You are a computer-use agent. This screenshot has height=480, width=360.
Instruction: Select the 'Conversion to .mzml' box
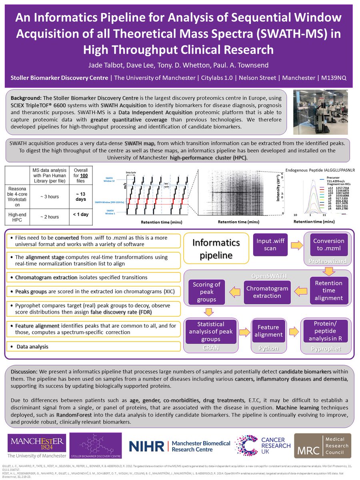pos(328,244)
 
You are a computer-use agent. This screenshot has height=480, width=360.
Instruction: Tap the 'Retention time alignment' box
pos(328,290)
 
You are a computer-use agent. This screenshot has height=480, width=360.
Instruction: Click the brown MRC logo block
pos(322,446)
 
